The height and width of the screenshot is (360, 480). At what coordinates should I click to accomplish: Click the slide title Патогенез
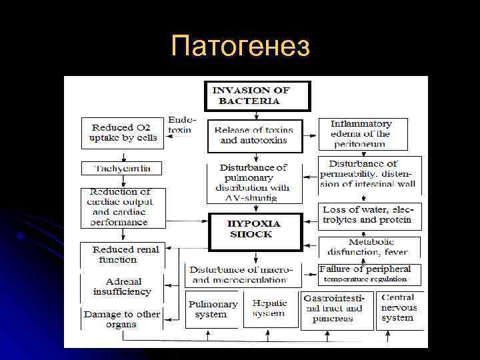click(240, 47)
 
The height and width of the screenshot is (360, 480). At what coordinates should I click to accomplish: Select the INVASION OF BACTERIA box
click(257, 95)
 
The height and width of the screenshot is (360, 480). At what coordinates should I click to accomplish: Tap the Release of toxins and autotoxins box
click(254, 135)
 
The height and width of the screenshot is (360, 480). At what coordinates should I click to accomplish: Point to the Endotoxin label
click(180, 124)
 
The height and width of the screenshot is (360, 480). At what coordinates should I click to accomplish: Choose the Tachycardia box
click(121, 169)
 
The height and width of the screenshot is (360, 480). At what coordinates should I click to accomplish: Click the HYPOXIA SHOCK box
click(255, 229)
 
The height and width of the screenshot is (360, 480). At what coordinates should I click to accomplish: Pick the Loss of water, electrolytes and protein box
click(368, 215)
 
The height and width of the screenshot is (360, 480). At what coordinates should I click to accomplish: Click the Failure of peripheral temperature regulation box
click(369, 273)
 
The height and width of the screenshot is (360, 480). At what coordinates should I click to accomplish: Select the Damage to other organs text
click(121, 319)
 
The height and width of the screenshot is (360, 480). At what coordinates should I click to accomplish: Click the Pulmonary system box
click(212, 309)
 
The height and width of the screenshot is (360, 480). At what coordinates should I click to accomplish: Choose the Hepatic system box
click(269, 309)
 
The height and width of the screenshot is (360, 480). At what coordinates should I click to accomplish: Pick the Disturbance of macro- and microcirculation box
click(242, 275)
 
